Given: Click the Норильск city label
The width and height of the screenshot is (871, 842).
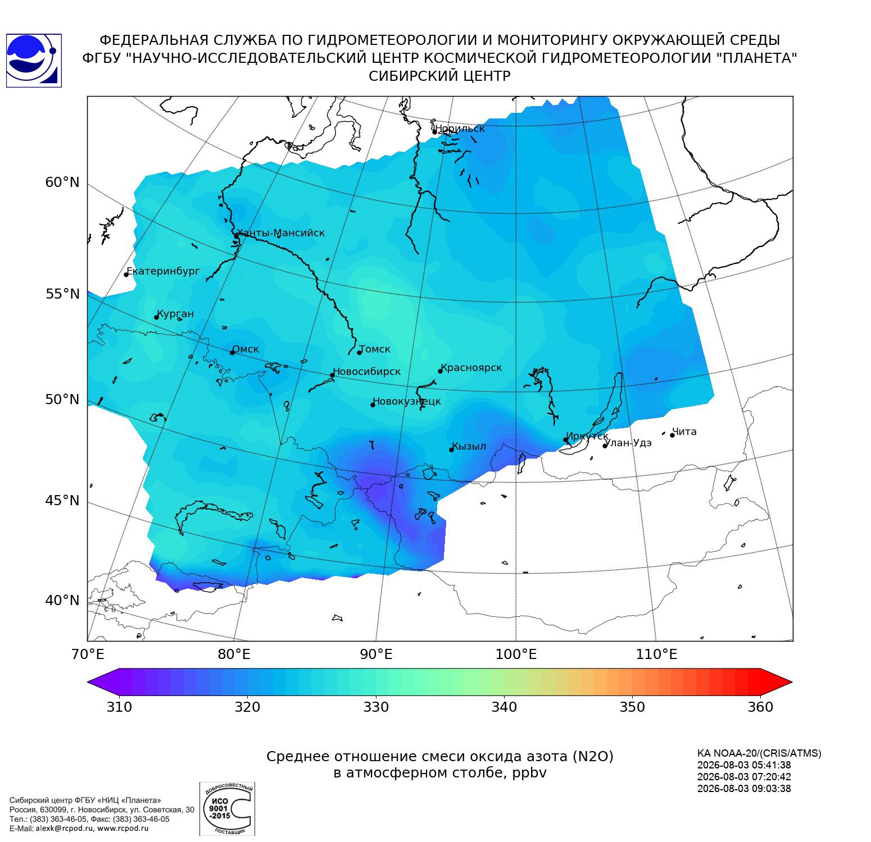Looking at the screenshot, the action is click(460, 129).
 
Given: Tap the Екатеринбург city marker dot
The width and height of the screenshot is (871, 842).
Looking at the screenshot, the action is click(126, 274).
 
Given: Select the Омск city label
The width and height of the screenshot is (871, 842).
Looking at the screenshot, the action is click(246, 349).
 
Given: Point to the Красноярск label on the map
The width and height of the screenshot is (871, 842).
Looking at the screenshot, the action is click(471, 368).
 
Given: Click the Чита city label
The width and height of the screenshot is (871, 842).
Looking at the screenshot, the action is click(684, 432).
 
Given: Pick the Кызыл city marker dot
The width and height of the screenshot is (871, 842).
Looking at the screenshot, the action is click(451, 450).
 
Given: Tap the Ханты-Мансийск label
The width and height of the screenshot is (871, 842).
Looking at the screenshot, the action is click(280, 233).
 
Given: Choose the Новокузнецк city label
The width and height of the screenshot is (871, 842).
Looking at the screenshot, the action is click(407, 401).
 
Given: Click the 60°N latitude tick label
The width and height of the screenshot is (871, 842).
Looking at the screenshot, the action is click(62, 182).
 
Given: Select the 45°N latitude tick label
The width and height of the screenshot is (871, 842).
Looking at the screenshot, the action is click(62, 500).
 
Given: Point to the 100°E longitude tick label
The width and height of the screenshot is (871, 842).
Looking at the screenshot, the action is click(516, 655).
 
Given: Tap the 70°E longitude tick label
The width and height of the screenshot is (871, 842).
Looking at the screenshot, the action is click(87, 655).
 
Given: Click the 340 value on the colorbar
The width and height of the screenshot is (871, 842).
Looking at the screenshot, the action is click(504, 707).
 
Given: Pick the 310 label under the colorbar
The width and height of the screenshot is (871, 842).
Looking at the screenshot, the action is click(119, 707).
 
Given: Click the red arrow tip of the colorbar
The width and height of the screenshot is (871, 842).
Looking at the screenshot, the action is click(791, 683).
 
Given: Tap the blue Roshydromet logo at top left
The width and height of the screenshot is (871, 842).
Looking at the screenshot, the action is click(34, 61).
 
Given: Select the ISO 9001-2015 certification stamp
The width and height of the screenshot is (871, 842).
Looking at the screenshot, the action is click(227, 808).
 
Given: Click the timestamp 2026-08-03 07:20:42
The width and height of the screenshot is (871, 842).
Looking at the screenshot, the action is click(744, 777).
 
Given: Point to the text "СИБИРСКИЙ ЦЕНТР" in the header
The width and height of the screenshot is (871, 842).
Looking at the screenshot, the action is click(439, 76).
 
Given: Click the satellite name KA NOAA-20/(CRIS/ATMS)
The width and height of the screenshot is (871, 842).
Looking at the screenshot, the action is click(759, 753).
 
